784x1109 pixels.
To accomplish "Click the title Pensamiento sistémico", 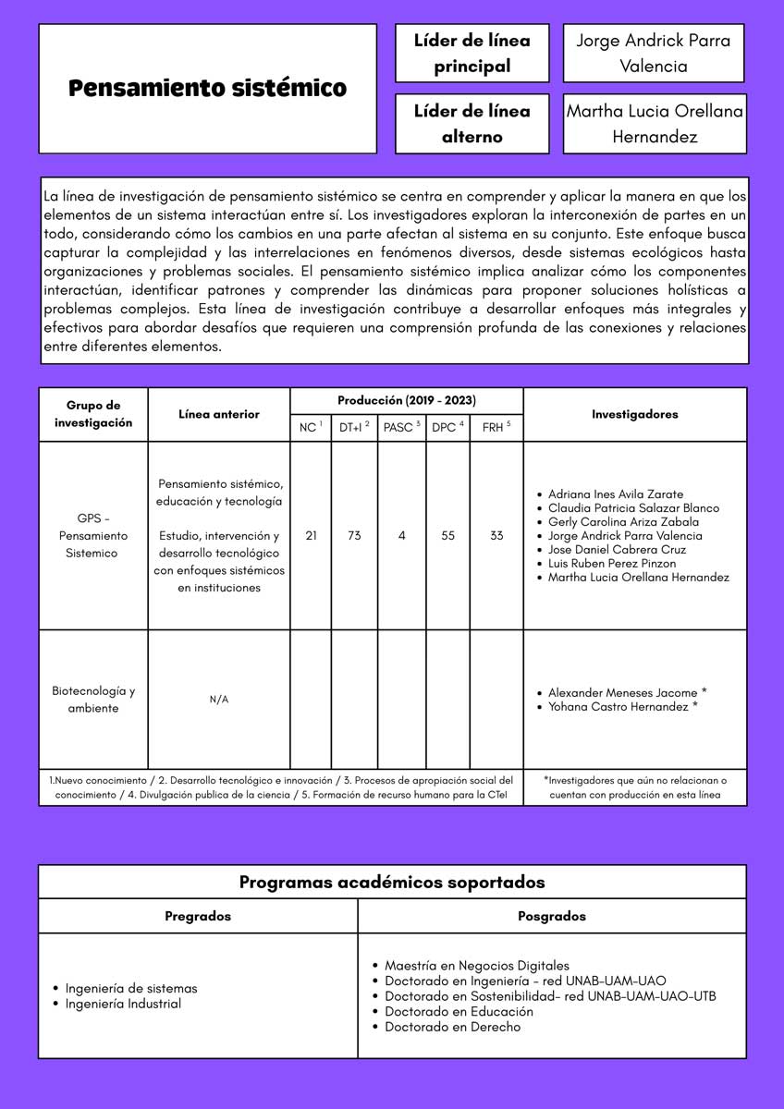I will [207, 89].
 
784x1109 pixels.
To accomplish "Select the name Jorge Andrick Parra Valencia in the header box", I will [653, 53].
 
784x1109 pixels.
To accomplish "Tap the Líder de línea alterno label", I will [472, 124].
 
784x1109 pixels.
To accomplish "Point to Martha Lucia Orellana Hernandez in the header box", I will [654, 124].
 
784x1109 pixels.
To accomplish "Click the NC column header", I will [310, 427].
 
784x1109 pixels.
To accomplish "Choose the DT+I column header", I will [354, 427].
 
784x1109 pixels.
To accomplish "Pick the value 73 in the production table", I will [354, 535].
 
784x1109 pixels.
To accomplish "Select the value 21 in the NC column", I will [311, 535].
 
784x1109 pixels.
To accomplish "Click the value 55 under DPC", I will [448, 535].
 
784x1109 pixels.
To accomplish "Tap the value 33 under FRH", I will [496, 535].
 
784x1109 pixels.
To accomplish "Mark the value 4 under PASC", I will [402, 535].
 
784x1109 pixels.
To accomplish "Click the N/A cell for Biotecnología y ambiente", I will [219, 700].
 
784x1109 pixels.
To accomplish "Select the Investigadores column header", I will [634, 414].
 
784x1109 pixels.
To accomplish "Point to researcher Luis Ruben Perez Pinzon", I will [611, 563].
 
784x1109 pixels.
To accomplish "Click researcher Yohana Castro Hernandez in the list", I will [622, 706].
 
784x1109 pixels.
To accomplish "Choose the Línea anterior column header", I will [219, 414].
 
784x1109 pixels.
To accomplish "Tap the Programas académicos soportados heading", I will [392, 882].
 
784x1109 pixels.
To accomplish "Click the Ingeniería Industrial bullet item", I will [123, 1004].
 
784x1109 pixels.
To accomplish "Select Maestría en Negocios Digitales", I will [477, 966].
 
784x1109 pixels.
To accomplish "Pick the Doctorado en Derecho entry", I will [452, 1027].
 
